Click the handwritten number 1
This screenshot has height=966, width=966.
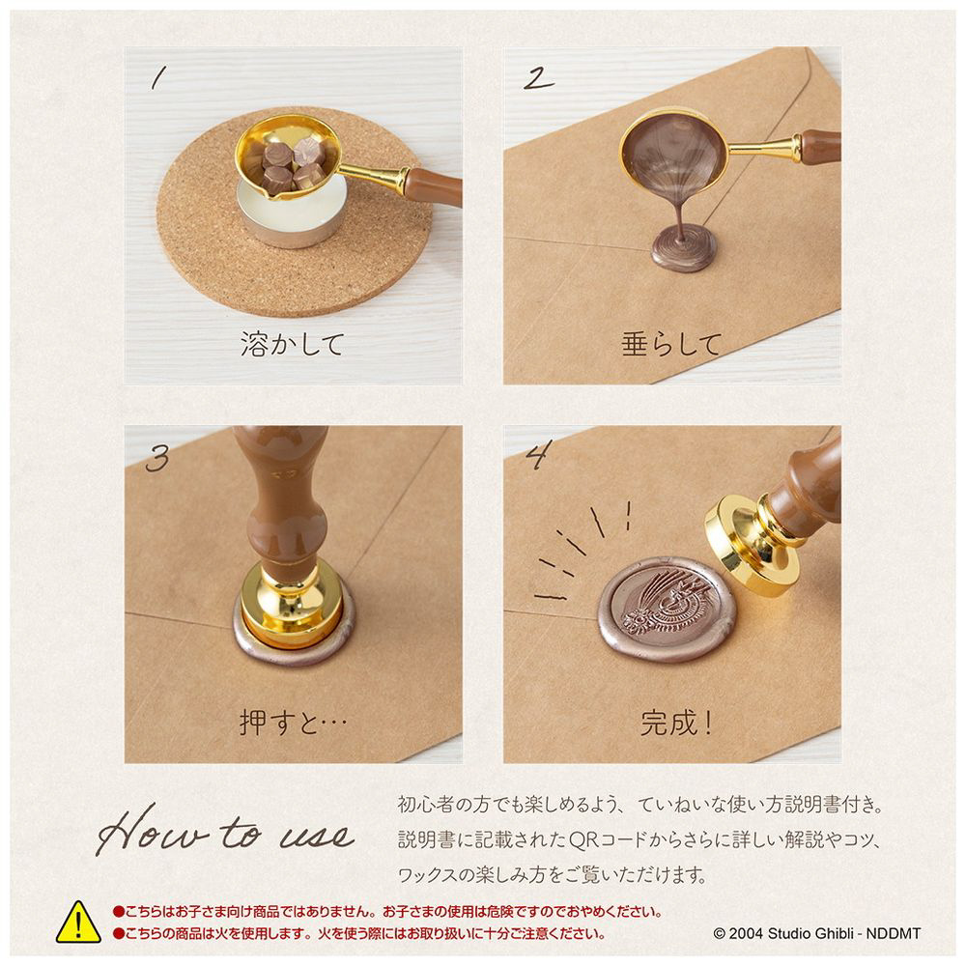point(158,78)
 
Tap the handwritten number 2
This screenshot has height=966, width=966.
point(539,79)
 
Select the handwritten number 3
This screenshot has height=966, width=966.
point(157,458)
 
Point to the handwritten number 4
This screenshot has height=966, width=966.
point(538,455)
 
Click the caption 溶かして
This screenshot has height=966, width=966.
point(292,344)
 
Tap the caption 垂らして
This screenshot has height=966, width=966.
point(671,344)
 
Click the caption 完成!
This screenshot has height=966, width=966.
point(676,723)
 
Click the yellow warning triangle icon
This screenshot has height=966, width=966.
point(78,923)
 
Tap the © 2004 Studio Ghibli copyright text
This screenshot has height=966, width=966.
point(817,933)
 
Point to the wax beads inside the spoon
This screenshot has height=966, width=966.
point(288,164)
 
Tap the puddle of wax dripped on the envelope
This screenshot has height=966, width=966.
point(684,248)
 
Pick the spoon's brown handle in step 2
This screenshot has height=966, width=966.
point(820,146)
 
